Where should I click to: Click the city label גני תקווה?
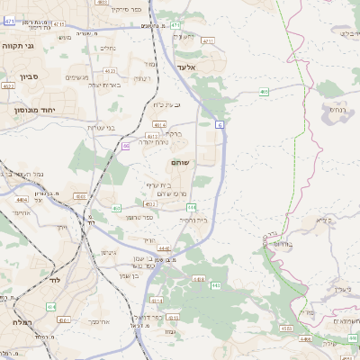(x=17, y=44)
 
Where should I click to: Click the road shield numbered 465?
(x=264, y=92)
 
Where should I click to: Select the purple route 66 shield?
(x=126, y=145)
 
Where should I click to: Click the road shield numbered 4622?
(x=7, y=86)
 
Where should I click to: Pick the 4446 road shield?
(x=164, y=248)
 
